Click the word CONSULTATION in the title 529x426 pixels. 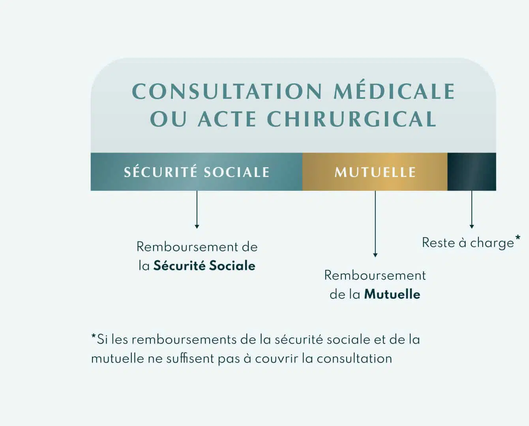coord(227,91)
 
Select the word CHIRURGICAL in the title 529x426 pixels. coord(351,119)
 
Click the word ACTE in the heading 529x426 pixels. coord(227,119)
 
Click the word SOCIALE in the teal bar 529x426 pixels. coord(237,172)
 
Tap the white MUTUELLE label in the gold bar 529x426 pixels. coord(375,172)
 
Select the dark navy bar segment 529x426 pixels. coord(472,172)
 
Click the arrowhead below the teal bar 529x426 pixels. coord(197,226)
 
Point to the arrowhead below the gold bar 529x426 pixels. coord(375,255)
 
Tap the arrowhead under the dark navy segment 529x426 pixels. coord(471,226)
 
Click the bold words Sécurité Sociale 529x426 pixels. coord(204,266)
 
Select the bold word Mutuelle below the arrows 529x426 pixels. coord(392,294)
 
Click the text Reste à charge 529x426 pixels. coord(468,243)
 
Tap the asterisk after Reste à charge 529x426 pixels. coord(518,238)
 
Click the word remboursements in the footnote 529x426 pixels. coord(184,340)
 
